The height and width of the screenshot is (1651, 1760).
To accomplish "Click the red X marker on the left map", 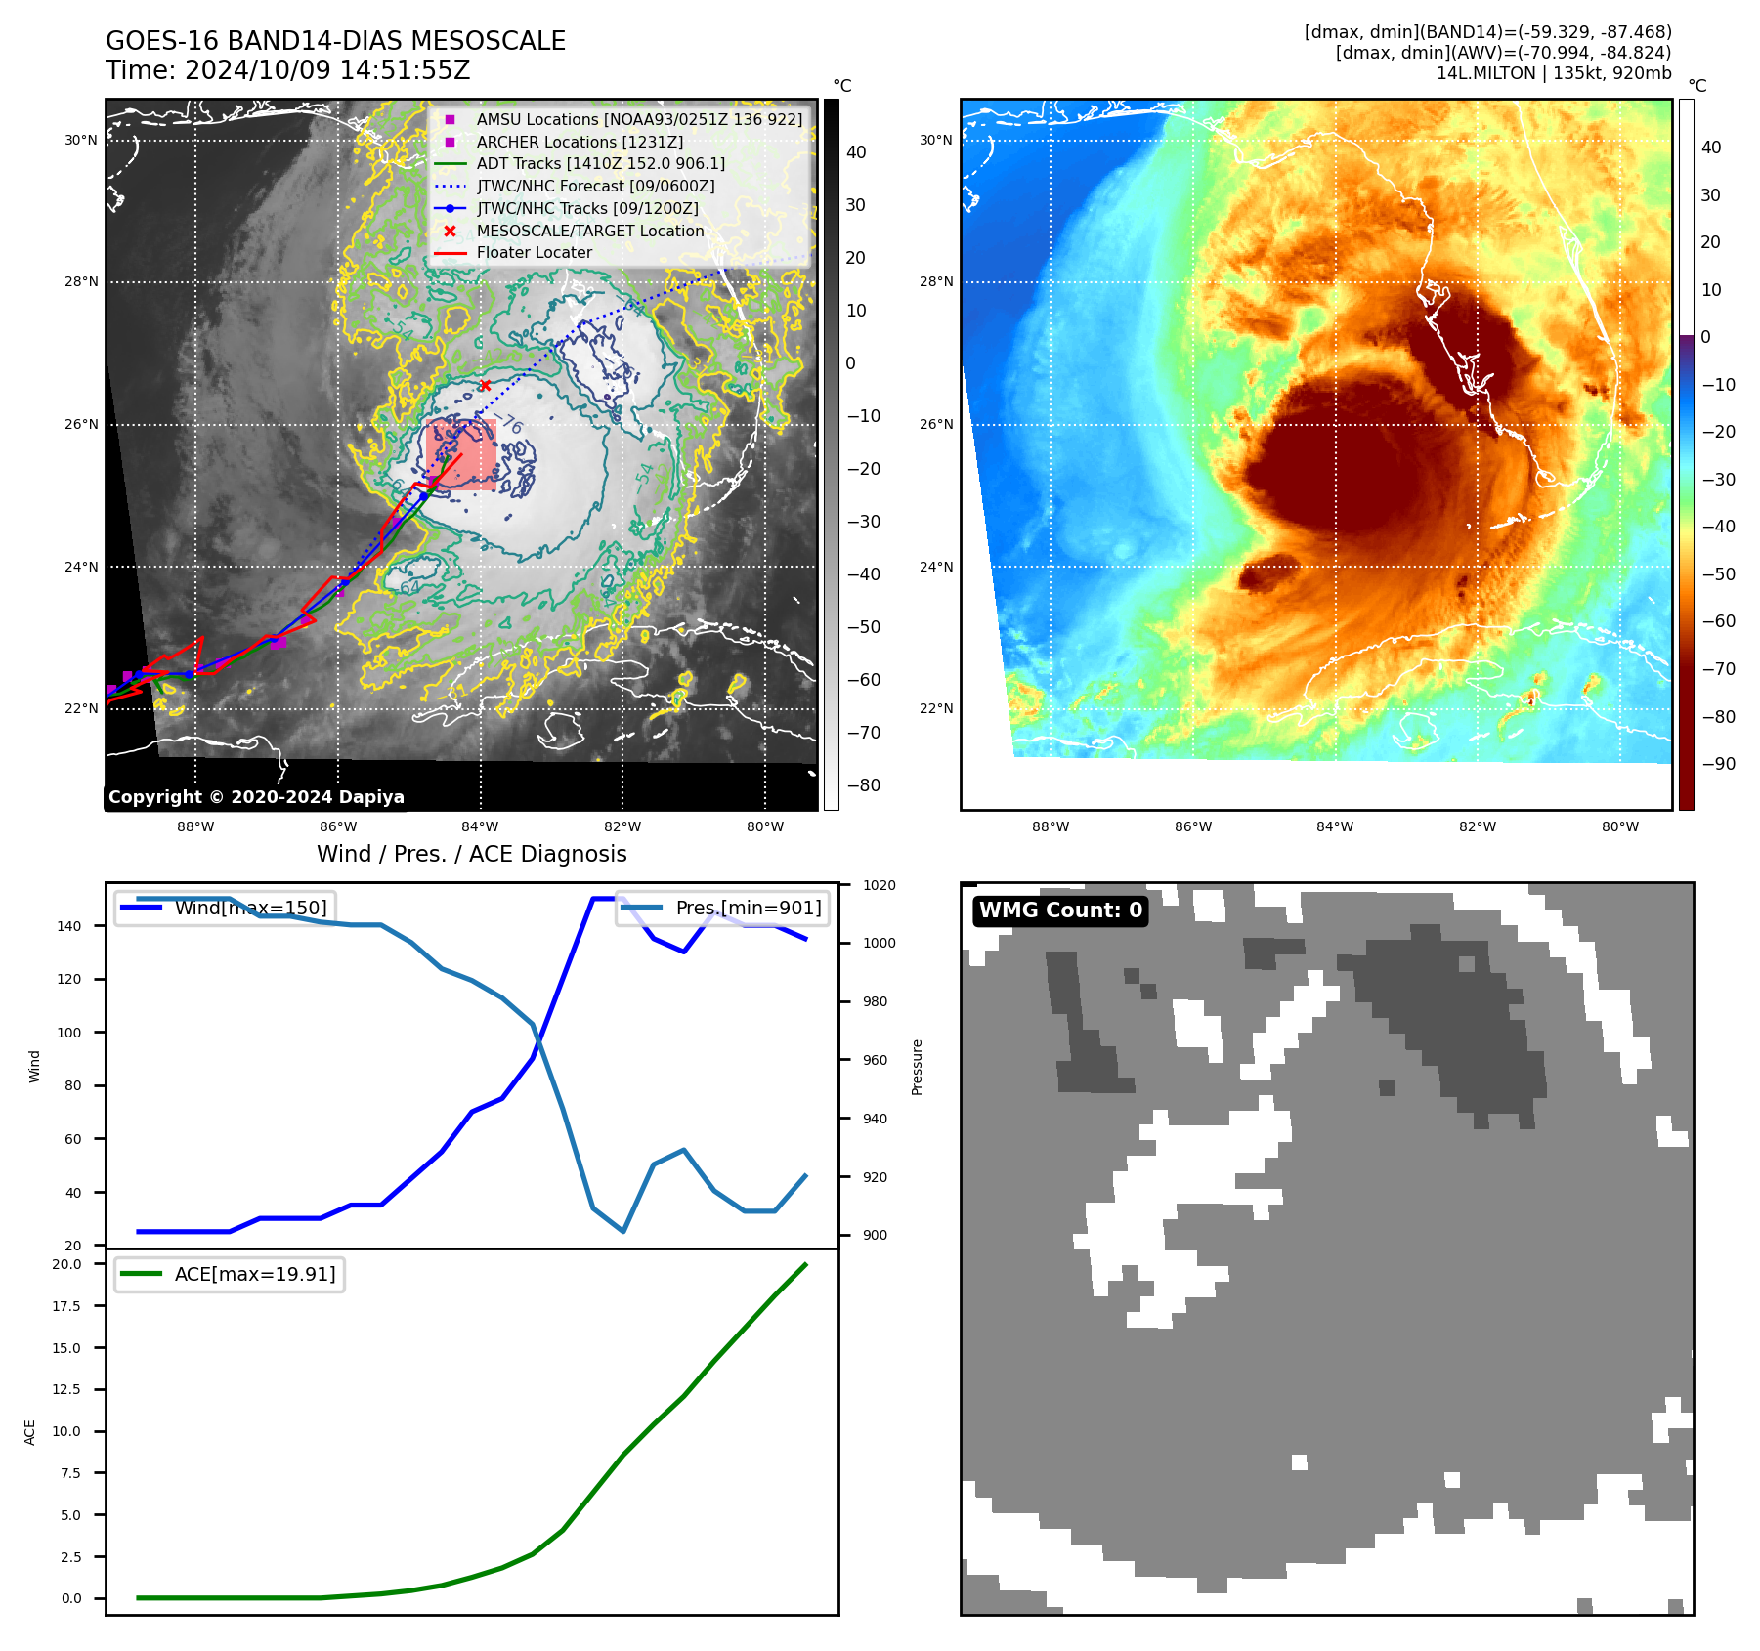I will pos(485,385).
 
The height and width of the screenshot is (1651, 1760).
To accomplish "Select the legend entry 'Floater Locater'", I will pos(534,253).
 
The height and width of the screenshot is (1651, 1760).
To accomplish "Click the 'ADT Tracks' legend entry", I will pos(600,164).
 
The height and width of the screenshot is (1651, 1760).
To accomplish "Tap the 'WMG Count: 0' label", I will pos(1060,910).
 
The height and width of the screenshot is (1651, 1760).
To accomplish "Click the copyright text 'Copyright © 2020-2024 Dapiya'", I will pos(256,797).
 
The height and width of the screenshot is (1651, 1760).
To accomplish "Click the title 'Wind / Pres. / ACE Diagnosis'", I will pos(471,854).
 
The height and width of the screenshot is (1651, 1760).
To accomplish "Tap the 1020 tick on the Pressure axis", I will pos(879,885).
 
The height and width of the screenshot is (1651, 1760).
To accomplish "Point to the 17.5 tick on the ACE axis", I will pos(67,1306).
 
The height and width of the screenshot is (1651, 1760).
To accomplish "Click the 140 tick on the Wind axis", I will pos(69,926).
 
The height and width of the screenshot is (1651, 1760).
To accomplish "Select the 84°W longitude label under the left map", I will pos(480,827).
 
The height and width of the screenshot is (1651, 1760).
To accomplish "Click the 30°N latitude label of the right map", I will pos(935,141).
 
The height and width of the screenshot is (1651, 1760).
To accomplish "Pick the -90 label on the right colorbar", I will pos(1718,764).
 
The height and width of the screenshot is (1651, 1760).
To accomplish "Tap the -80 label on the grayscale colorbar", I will pos(863,785).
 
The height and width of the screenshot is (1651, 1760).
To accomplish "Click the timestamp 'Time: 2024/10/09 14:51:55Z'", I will pos(288,70).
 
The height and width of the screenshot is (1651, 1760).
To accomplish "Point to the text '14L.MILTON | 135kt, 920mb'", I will pos(1553,73).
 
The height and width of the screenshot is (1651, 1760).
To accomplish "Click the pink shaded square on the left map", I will pos(461,455).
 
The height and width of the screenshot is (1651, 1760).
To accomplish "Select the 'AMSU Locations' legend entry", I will pos(639,119).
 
